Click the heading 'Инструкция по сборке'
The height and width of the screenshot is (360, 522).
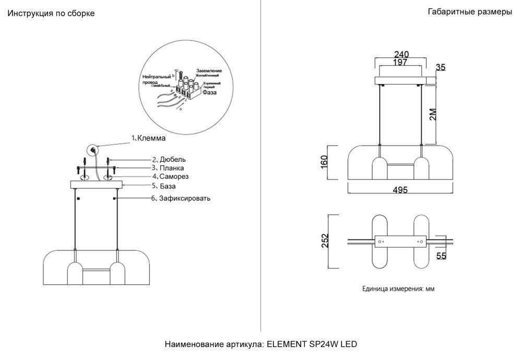point(51,14)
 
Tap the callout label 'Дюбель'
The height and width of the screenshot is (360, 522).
point(172,159)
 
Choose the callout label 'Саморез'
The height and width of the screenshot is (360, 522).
point(174,177)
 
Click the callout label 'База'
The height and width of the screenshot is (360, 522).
point(168,186)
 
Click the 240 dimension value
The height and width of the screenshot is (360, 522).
point(401,54)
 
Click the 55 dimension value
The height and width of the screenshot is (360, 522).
point(441,256)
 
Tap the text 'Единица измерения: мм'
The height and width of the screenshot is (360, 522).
point(398,289)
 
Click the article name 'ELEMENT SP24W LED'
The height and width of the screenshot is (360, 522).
point(312,345)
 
